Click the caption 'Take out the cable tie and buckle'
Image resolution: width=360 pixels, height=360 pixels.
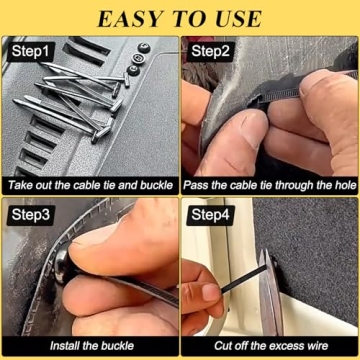pos(90,185)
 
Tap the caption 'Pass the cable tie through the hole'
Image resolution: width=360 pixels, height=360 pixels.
pos(270,185)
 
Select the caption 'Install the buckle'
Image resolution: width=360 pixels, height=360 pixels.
pos(90,347)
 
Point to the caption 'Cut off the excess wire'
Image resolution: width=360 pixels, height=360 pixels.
pos(270,347)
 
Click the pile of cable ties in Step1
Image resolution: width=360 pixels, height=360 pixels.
pos(85,95)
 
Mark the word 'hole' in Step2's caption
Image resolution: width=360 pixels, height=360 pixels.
pos(341,185)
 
